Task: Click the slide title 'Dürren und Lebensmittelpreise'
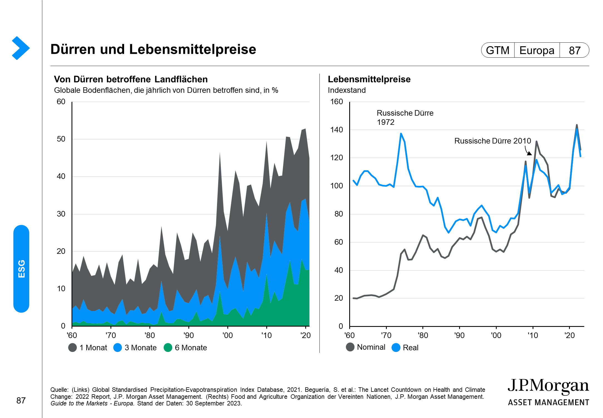click(153, 49)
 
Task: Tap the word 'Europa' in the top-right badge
click(537, 50)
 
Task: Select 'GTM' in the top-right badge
click(498, 50)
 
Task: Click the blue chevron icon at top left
click(21, 48)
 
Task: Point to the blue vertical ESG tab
click(21, 269)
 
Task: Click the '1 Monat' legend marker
click(73, 347)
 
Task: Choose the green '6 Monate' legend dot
click(168, 347)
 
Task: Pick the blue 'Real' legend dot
click(396, 347)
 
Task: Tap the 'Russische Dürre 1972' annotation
click(405, 117)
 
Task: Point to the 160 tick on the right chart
click(337, 102)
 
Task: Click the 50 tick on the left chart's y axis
click(61, 139)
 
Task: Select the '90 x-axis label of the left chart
click(189, 335)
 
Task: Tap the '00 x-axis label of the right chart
click(496, 335)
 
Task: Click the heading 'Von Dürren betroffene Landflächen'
click(131, 79)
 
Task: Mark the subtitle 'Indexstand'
click(347, 90)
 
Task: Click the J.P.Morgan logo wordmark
click(548, 386)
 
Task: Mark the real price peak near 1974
click(401, 134)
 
